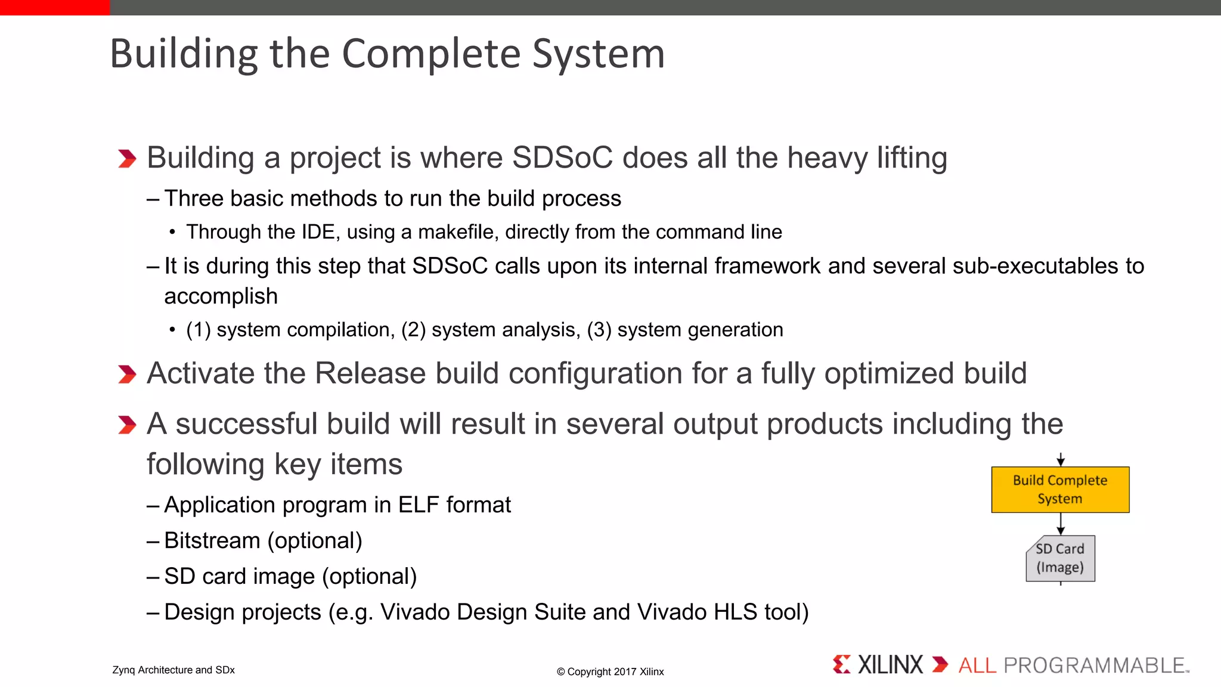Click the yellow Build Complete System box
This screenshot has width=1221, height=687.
coord(1060,490)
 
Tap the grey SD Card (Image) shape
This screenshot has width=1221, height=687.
coord(1060,558)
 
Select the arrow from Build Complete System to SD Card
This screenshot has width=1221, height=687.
coord(1061,524)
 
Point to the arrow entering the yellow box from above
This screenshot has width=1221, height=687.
coord(1061,460)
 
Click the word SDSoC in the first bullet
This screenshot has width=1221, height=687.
coord(562,158)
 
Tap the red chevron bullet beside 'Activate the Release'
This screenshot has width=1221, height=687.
coord(127,375)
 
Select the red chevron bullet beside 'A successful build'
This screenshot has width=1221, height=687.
coord(127,425)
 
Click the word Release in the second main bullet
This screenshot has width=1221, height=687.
coord(370,374)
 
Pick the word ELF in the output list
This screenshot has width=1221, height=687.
coord(419,505)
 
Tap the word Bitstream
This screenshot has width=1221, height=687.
coord(212,541)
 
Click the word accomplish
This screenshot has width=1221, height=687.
coord(221,296)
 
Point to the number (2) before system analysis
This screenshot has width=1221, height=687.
coord(413,330)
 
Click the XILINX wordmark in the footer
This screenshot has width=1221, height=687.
coord(890,665)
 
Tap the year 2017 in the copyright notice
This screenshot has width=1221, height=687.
coord(625,672)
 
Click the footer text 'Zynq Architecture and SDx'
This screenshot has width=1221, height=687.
coord(173,670)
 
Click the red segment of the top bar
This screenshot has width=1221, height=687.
coord(55,7)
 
